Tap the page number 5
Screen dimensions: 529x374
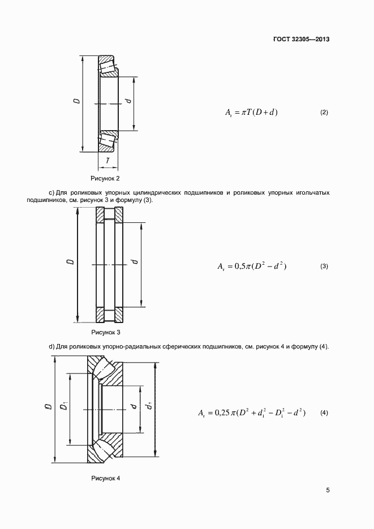coord(328,491)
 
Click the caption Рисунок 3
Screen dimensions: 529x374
coord(106,333)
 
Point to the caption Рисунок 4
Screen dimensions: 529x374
coord(106,479)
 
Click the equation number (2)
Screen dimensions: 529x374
coord(324,113)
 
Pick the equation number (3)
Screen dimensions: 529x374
coord(324,266)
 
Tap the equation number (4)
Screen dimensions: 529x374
coord(324,414)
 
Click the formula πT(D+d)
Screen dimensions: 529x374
coord(251,113)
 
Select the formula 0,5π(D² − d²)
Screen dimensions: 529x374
coord(252,266)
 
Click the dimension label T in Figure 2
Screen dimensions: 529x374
coord(108,161)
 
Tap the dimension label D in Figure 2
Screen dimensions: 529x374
coord(76,102)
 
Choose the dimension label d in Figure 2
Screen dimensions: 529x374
coord(128,102)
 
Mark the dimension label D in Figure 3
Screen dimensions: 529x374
coord(70,262)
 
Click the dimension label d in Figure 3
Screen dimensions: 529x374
coord(134,262)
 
